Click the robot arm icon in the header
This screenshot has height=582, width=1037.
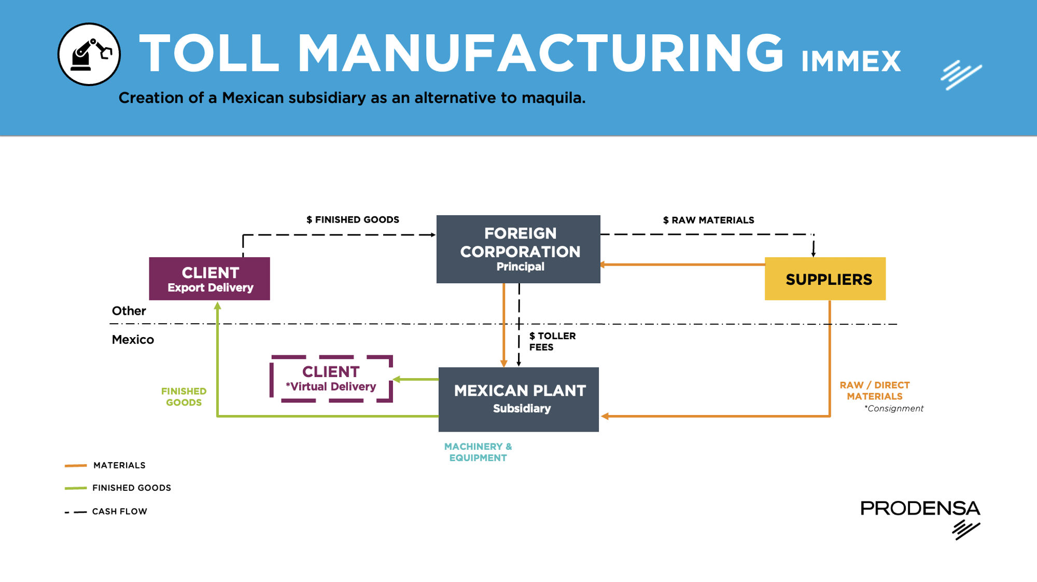coord(89,54)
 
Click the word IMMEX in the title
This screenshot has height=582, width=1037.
coord(851,62)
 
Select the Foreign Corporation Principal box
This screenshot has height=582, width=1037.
coord(518,249)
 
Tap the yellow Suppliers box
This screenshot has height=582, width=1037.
coord(825,279)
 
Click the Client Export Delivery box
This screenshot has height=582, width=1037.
coord(209,279)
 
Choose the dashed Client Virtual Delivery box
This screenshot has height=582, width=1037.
coord(331,379)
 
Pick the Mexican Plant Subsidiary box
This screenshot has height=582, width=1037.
coord(518,399)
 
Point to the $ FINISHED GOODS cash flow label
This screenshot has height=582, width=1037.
coord(353,220)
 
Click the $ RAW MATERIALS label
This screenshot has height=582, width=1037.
coord(708,220)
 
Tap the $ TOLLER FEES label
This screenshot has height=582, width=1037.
coord(552,342)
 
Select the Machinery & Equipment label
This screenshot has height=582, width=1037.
coord(478,452)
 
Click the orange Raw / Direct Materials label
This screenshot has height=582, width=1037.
coord(875,391)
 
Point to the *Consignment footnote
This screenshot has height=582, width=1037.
coord(894,409)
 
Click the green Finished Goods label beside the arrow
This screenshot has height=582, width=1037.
coord(184,397)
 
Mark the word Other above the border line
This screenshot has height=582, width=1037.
coord(129,311)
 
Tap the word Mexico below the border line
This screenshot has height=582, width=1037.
coord(133,340)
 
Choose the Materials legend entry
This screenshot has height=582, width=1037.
coord(119,465)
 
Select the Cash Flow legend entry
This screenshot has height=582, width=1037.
coord(119,511)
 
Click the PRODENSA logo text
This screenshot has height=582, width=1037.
coord(920,508)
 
